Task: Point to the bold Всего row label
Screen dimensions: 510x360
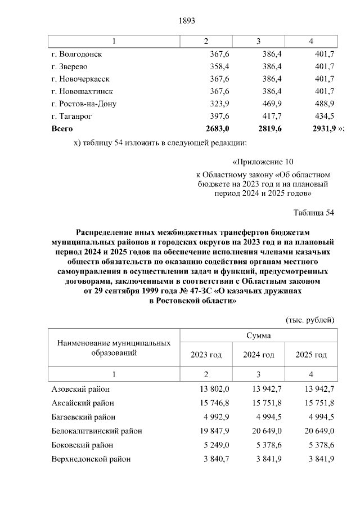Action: pos(62,128)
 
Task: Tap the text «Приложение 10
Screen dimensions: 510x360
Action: pos(263,161)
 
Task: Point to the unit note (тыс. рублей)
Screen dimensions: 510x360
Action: pos(310,320)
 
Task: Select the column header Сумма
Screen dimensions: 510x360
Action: pos(258,335)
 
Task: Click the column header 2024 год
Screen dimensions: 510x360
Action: pos(258,355)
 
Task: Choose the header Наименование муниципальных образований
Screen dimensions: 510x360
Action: pos(114,348)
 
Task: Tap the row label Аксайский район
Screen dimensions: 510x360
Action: pos(83,403)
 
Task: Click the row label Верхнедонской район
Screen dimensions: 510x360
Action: pos(91,459)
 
